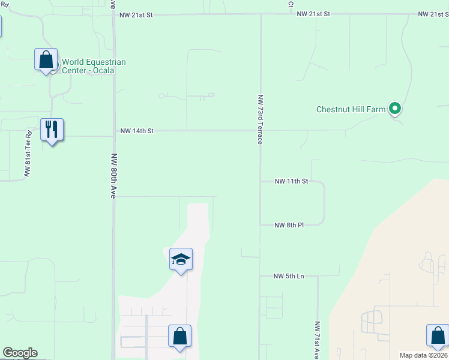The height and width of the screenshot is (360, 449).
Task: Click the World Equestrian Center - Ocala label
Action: tap(88, 66)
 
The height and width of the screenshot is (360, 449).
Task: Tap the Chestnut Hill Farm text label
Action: tap(351, 109)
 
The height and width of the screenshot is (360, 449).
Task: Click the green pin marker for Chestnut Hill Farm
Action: tap(394, 109)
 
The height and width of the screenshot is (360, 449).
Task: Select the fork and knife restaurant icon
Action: tap(52, 130)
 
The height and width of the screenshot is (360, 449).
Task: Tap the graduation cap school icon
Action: tap(181, 259)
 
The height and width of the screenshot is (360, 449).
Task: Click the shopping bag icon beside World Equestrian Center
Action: tap(46, 59)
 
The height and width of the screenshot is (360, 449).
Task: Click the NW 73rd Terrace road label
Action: tap(260, 119)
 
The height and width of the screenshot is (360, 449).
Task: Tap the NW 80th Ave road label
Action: tap(113, 176)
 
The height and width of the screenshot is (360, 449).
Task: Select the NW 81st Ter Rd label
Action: tap(28, 153)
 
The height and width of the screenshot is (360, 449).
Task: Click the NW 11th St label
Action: tap(291, 181)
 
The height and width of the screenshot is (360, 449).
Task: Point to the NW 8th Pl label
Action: tap(289, 225)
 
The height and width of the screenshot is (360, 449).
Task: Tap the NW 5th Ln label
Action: tap(289, 276)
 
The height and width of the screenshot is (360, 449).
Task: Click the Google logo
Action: tap(20, 353)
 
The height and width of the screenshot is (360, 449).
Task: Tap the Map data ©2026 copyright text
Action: tap(423, 355)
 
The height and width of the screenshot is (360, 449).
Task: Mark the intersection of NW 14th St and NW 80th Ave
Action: tap(113, 130)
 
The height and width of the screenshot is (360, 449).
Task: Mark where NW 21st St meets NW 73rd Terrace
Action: tap(260, 14)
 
